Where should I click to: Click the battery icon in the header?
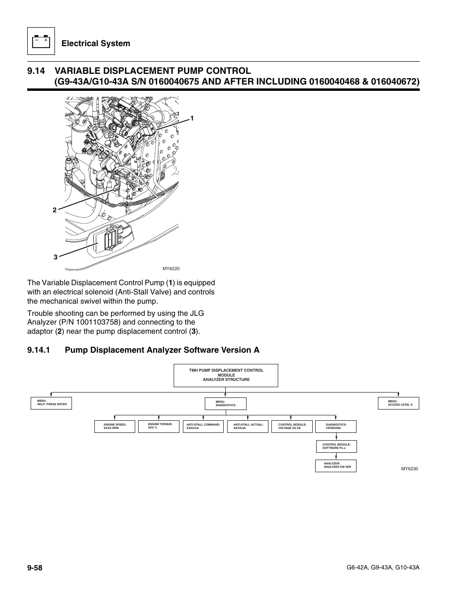(x=40, y=42)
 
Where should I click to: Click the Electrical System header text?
(x=96, y=43)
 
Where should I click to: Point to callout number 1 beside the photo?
(x=192, y=119)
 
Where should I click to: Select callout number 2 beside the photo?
(x=55, y=210)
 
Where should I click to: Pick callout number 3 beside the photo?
(x=56, y=257)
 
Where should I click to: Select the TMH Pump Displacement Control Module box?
(x=226, y=375)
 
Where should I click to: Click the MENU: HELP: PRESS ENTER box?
(x=52, y=403)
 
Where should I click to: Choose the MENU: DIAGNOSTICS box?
(x=226, y=403)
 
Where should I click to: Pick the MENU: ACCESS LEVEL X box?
(x=398, y=403)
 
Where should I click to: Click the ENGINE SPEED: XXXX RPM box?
(x=114, y=427)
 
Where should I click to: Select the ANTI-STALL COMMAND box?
(x=203, y=427)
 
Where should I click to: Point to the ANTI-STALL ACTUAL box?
(x=248, y=427)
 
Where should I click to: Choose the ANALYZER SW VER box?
(x=336, y=465)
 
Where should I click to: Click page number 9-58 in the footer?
(x=36, y=567)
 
